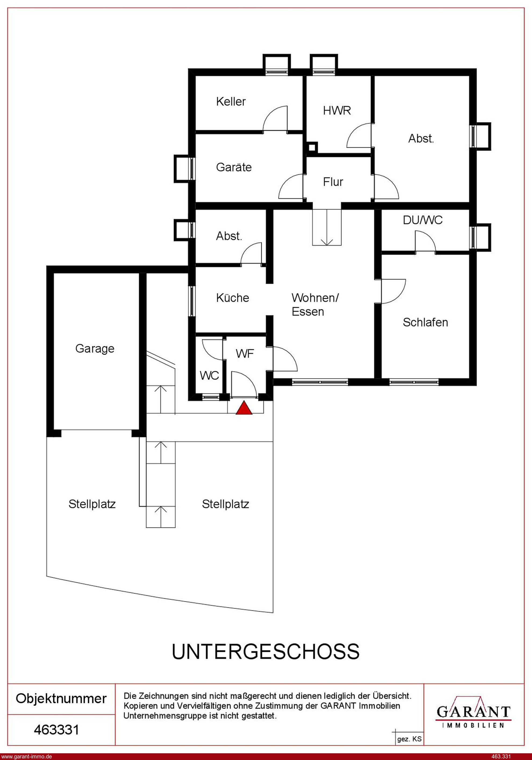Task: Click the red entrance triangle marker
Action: pyautogui.click(x=244, y=408)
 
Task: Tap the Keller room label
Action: pyautogui.click(x=231, y=102)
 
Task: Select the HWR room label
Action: pyautogui.click(x=337, y=111)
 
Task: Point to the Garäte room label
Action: pyautogui.click(x=234, y=167)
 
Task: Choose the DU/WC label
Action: pyautogui.click(x=423, y=220)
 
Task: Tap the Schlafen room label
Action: pyautogui.click(x=425, y=322)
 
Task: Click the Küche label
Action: pyautogui.click(x=232, y=298)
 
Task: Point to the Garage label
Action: pyautogui.click(x=95, y=349)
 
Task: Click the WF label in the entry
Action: pyautogui.click(x=245, y=354)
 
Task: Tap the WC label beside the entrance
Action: pyautogui.click(x=209, y=376)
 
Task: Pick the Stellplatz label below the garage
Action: pyautogui.click(x=92, y=504)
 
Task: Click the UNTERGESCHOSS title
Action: pyautogui.click(x=265, y=651)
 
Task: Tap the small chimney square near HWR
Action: pyautogui.click(x=311, y=147)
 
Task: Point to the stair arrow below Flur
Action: pyautogui.click(x=327, y=227)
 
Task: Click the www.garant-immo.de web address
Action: pyautogui.click(x=26, y=756)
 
